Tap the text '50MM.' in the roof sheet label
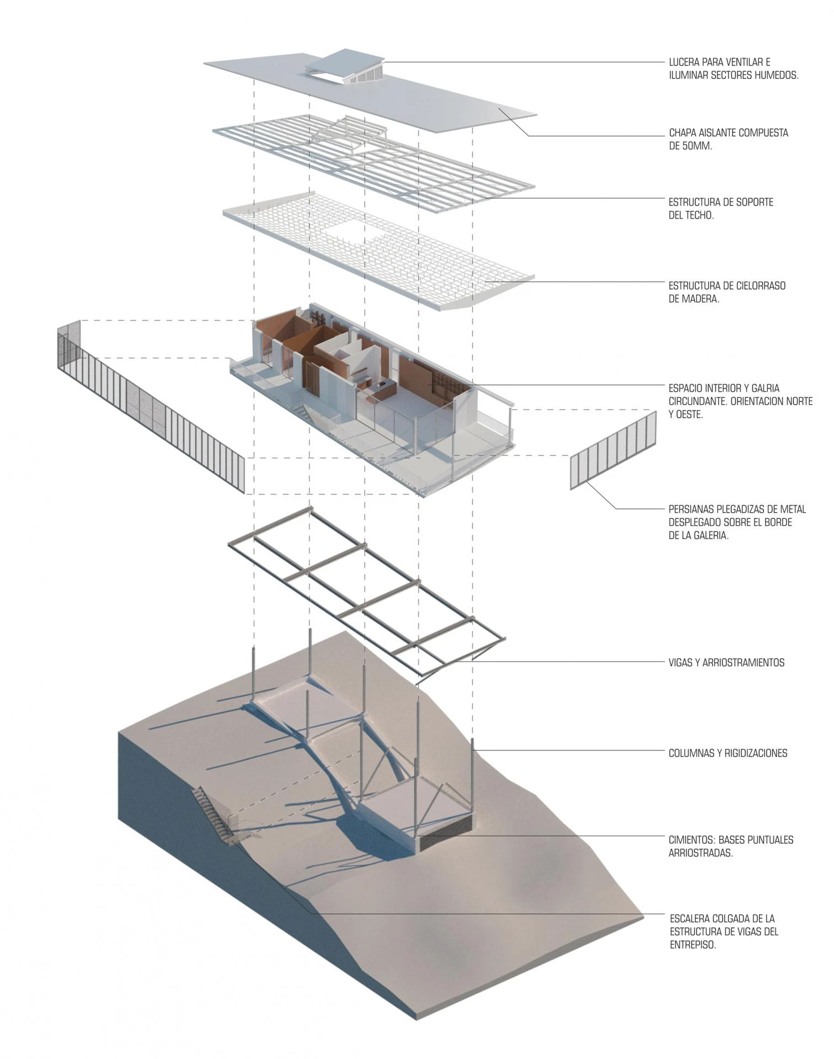tap(698, 146)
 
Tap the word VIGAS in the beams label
tap(681, 662)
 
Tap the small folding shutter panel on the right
tap(613, 450)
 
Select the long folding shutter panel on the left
tap(151, 405)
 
